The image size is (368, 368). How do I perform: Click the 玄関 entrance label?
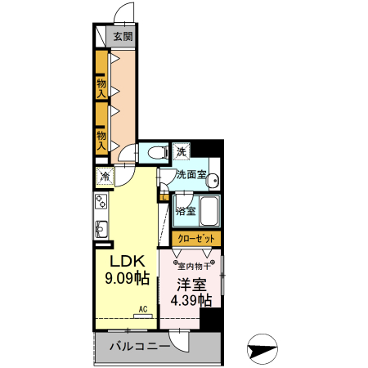[123, 37]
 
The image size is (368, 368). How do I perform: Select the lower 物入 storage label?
[101, 139]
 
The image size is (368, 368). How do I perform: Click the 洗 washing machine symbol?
[182, 151]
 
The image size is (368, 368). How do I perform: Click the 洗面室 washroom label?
[192, 174]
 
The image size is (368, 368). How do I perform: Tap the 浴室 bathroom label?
[186, 211]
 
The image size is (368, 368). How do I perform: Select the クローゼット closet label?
[196, 238]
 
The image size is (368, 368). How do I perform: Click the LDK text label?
[128, 261]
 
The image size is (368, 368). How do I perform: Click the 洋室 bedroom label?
[191, 285]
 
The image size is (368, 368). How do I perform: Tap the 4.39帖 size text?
[191, 300]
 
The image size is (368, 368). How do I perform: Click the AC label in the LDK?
[142, 309]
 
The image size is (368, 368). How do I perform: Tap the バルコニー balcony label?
[139, 347]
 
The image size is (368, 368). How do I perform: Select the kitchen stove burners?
[102, 201]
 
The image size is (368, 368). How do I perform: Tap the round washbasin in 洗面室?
[212, 182]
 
